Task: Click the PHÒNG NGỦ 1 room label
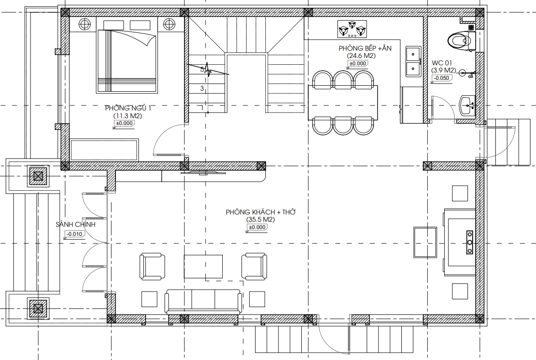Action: [128, 108]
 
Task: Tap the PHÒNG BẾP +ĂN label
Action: [365, 48]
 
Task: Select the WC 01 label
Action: [441, 63]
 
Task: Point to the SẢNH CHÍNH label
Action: [75, 224]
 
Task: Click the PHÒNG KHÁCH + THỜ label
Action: [261, 212]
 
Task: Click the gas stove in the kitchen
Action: [352, 29]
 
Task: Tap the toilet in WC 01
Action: [461, 41]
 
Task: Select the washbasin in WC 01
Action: [467, 105]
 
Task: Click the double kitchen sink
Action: [413, 62]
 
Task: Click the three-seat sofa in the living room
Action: [203, 302]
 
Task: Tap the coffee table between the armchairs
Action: [203, 266]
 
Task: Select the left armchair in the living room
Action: [152, 266]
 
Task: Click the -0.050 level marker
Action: [441, 78]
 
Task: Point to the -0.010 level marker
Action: [74, 235]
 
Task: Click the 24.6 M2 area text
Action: [361, 56]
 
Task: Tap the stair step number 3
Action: [202, 89]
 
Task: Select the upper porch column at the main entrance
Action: [38, 176]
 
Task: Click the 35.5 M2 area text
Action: [261, 219]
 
